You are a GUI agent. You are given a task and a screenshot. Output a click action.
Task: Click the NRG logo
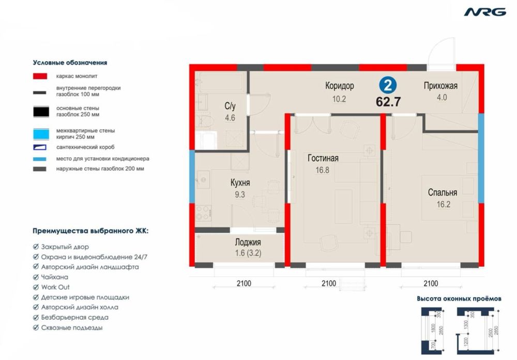484,12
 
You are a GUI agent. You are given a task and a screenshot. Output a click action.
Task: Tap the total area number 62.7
388,101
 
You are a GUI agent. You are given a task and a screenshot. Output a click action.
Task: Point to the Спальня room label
442,192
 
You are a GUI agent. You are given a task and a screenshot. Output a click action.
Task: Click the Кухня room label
240,183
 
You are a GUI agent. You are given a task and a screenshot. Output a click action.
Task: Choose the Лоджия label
248,242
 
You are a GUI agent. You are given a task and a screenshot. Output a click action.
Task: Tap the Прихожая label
440,86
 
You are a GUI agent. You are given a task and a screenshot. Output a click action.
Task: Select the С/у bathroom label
230,107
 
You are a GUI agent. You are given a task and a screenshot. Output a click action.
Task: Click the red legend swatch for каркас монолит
41,76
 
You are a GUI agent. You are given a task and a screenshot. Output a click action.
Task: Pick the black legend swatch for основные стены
41,111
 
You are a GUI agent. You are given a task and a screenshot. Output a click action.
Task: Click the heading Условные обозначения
70,62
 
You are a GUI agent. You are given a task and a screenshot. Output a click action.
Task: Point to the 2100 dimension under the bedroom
431,283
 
